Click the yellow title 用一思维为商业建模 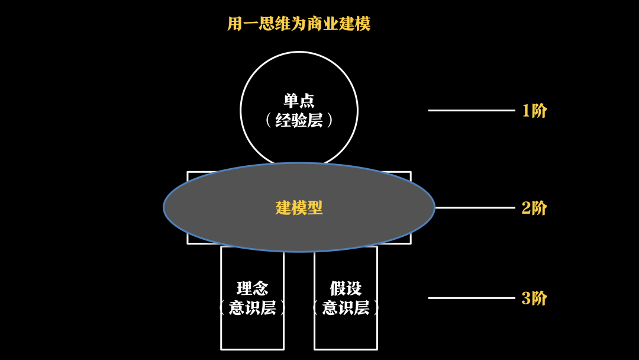click(x=299, y=24)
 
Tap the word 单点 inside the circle click(x=299, y=100)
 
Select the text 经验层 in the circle click(x=299, y=120)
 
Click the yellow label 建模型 click(x=299, y=208)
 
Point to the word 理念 click(x=253, y=288)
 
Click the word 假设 click(x=346, y=288)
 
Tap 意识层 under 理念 click(x=253, y=308)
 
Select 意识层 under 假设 click(x=346, y=308)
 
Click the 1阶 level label click(x=534, y=111)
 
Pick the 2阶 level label click(x=534, y=208)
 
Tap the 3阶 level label click(x=534, y=298)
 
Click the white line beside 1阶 click(x=472, y=110)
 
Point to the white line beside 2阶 click(x=475, y=208)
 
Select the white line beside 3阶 click(x=472, y=298)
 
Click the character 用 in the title click(x=235, y=24)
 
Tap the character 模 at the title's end click(x=363, y=24)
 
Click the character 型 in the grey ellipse click(x=315, y=208)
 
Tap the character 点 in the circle click(x=306, y=100)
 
